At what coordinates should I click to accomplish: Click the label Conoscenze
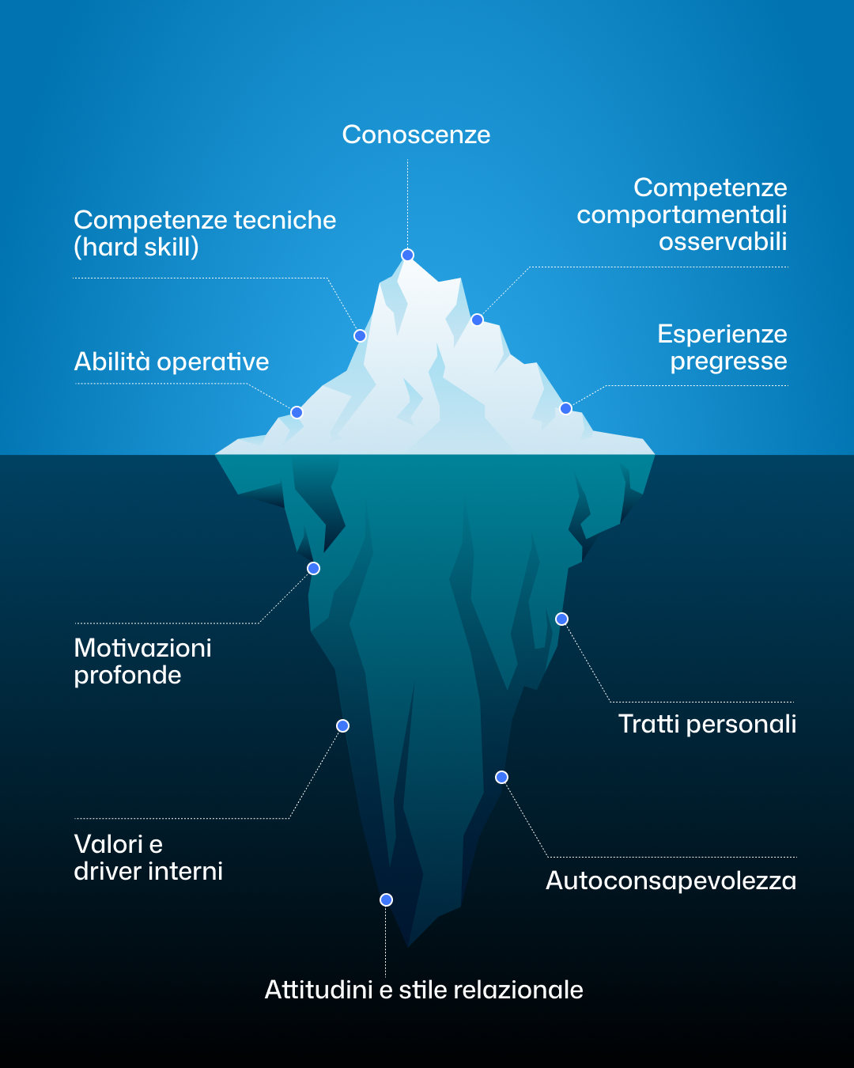pyautogui.click(x=416, y=135)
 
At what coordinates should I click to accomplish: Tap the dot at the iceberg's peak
pyautogui.click(x=407, y=255)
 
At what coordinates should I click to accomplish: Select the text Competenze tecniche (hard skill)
pyautogui.click(x=204, y=233)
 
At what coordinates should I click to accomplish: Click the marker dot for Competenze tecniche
pyautogui.click(x=360, y=335)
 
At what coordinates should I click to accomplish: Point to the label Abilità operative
pyautogui.click(x=172, y=362)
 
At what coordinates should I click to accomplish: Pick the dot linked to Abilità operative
pyautogui.click(x=297, y=412)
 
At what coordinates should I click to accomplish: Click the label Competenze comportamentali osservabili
pyautogui.click(x=682, y=214)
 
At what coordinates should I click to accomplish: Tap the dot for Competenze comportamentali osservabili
pyautogui.click(x=477, y=320)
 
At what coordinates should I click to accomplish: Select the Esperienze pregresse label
pyautogui.click(x=722, y=347)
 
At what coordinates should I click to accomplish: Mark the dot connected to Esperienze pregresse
pyautogui.click(x=565, y=408)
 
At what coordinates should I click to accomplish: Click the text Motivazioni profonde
pyautogui.click(x=142, y=661)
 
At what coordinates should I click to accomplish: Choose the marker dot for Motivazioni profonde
pyautogui.click(x=313, y=568)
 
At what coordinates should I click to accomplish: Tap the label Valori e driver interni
pyautogui.click(x=148, y=858)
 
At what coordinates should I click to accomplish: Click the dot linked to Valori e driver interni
pyautogui.click(x=342, y=725)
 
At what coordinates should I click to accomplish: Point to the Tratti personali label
pyautogui.click(x=707, y=724)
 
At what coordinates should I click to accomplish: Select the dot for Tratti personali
pyautogui.click(x=561, y=619)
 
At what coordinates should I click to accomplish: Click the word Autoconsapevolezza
pyautogui.click(x=671, y=881)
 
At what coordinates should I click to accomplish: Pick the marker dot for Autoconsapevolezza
pyautogui.click(x=501, y=777)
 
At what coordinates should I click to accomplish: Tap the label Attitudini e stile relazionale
pyautogui.click(x=424, y=990)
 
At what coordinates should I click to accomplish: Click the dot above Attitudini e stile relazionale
pyautogui.click(x=386, y=899)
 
